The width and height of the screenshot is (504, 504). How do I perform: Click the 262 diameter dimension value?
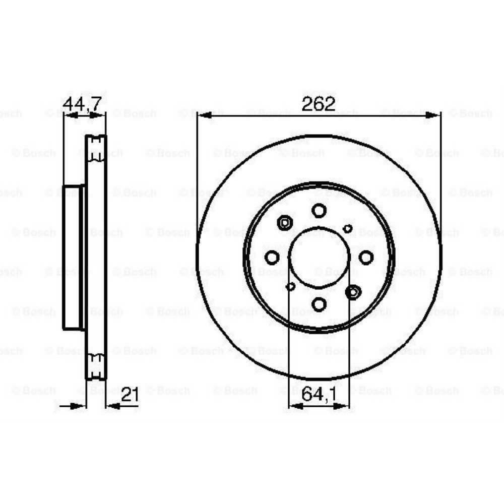318,104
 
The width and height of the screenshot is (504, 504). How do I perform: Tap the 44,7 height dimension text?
82,103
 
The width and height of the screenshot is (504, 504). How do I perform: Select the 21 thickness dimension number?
130,396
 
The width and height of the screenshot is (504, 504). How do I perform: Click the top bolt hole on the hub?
319,210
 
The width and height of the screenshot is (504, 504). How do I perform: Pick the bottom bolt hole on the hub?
319,304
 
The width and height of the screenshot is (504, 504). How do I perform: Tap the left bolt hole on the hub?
272,258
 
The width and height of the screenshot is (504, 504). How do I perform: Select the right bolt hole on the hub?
366,258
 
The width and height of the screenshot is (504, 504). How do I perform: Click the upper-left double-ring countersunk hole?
285,222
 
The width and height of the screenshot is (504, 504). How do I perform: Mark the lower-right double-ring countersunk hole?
353,291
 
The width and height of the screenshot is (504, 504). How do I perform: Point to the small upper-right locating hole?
347,229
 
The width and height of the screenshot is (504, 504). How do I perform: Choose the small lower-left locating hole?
290,286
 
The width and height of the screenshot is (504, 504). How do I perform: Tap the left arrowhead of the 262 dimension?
203,115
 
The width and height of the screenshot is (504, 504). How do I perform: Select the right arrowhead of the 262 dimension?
434,115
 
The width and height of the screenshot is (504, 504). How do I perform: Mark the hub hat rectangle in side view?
73,258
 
